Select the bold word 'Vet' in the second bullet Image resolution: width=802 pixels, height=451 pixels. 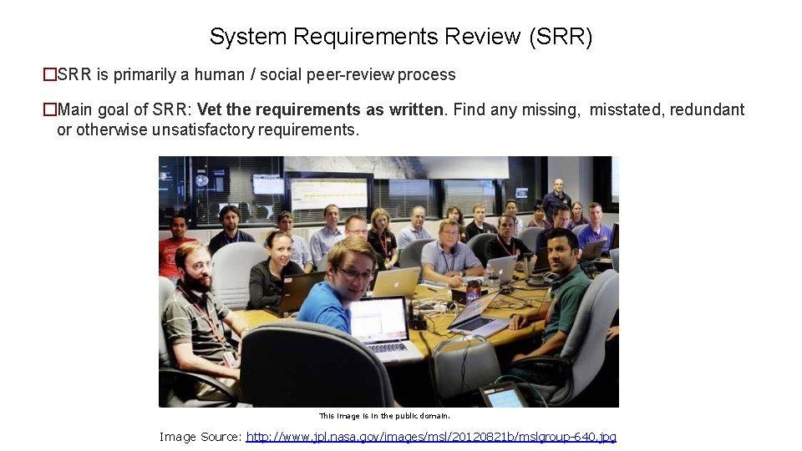[211, 109]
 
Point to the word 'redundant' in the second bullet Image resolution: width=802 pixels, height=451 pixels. [705, 109]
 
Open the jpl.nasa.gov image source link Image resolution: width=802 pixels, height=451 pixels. [432, 437]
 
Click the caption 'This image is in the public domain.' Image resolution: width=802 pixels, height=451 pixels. [384, 415]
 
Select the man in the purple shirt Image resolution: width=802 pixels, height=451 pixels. [595, 230]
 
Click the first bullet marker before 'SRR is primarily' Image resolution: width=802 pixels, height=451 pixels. [49, 74]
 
